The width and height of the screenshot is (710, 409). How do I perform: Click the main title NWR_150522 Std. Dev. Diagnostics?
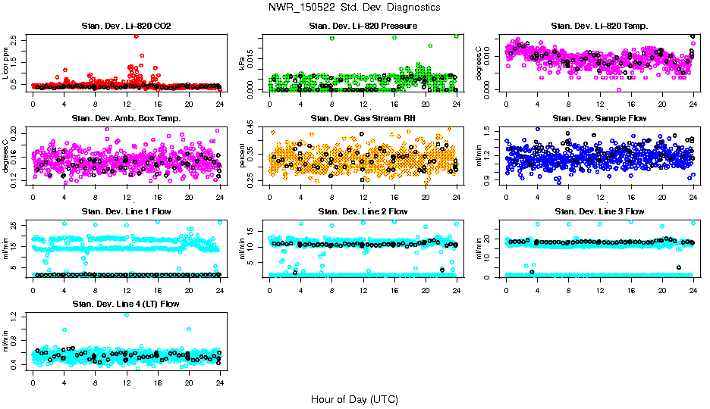click(354, 8)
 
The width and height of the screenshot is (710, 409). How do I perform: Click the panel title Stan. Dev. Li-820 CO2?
click(126, 27)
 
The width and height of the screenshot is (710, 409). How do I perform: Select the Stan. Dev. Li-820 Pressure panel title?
click(363, 27)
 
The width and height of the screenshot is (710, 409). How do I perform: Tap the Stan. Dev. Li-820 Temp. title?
click(599, 27)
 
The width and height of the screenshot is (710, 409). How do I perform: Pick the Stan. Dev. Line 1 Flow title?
click(126, 211)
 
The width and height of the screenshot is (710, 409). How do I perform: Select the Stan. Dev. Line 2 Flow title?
click(363, 211)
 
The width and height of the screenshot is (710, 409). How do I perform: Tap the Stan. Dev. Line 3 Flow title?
click(599, 211)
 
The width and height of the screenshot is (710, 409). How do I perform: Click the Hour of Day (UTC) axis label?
click(354, 399)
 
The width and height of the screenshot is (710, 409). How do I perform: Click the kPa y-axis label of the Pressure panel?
click(243, 64)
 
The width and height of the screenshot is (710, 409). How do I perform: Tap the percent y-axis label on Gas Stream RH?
click(243, 155)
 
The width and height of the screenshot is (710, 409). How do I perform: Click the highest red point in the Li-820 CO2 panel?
click(136, 36)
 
